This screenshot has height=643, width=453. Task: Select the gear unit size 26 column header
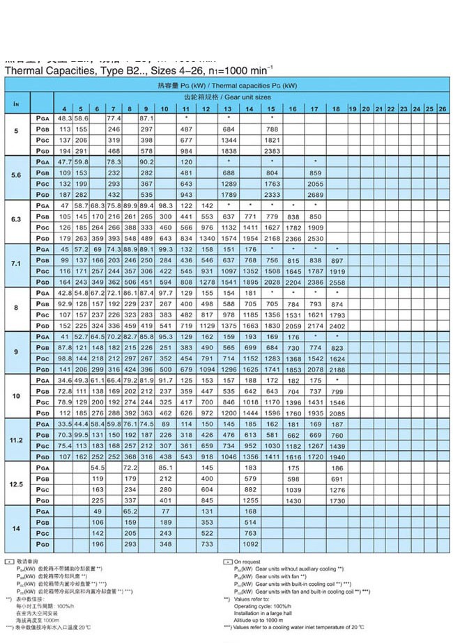coord(442,109)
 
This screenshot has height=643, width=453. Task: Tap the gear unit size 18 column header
coord(336,109)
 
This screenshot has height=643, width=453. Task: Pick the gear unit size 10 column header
coord(164,109)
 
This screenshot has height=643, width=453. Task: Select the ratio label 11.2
coord(17,440)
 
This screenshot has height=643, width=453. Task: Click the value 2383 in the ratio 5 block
coord(272,151)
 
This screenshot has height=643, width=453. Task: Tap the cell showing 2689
coord(315,194)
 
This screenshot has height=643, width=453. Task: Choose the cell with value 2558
coord(337,282)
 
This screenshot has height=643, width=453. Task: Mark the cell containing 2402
coord(337,326)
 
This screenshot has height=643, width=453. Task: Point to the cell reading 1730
coord(337,500)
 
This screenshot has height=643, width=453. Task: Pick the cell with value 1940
coord(337,457)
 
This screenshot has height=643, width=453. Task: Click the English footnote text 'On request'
coord(247,561)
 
